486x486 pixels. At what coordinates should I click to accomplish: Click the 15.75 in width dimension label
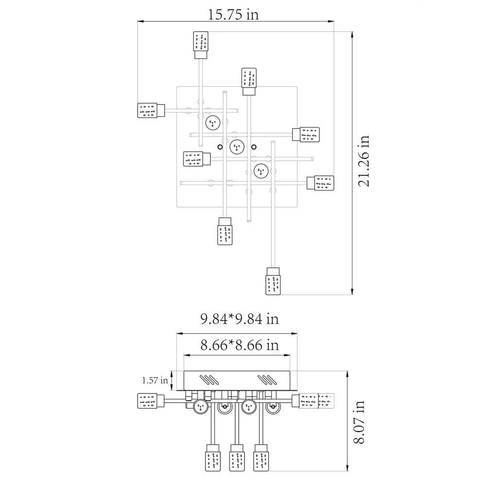point(233,15)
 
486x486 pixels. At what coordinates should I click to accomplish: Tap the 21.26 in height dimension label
point(364,161)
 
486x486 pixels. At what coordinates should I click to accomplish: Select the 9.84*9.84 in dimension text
point(239,319)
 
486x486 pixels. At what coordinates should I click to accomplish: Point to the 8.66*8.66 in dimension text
point(239,346)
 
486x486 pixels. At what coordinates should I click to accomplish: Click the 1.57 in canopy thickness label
point(155,381)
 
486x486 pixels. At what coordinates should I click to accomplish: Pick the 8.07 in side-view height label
point(360,422)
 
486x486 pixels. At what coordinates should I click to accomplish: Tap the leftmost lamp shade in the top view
point(147,110)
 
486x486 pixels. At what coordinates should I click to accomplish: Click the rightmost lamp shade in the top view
point(324,183)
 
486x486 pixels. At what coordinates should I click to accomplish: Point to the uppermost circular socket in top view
point(212,122)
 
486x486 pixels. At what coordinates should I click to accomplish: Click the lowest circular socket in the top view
point(261,171)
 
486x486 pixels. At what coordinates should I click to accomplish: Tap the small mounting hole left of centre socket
point(220,147)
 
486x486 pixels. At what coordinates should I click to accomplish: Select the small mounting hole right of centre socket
point(253,147)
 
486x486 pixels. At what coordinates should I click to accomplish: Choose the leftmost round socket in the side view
point(200,407)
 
